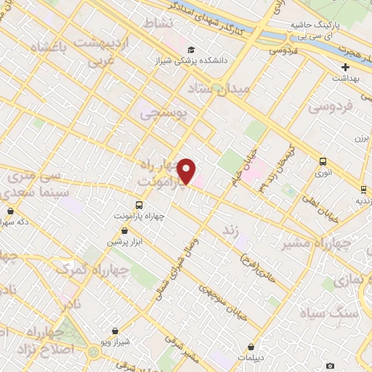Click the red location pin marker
coord(187,170)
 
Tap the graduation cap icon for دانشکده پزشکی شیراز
coord(190,50)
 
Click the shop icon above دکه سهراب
coord(9,211)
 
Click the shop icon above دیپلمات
coord(251,347)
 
